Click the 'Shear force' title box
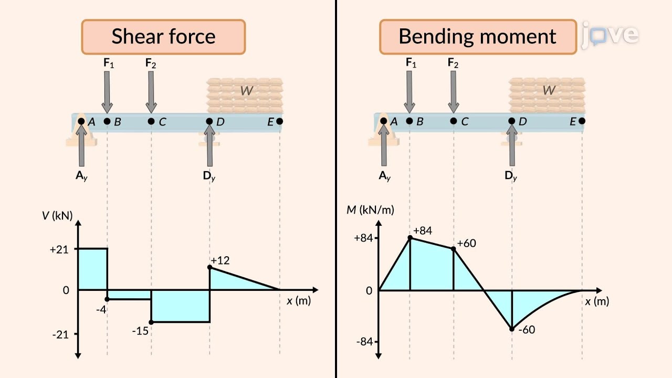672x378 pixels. [x=163, y=37]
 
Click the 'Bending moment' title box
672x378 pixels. [x=477, y=37]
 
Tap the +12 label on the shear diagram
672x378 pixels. [x=220, y=260]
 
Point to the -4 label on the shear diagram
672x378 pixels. [x=101, y=310]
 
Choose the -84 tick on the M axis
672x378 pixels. [x=364, y=342]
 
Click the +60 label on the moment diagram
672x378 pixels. [x=466, y=244]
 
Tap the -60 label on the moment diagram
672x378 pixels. [x=526, y=330]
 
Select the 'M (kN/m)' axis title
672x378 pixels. [x=370, y=210]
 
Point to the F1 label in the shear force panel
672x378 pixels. [x=108, y=64]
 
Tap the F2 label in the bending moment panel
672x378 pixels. [x=453, y=64]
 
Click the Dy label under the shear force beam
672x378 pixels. [x=209, y=176]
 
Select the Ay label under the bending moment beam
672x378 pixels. [x=384, y=176]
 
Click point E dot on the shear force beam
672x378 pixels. [x=279, y=121]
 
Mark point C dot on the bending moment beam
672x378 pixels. [x=454, y=121]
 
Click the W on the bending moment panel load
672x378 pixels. [x=549, y=90]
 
